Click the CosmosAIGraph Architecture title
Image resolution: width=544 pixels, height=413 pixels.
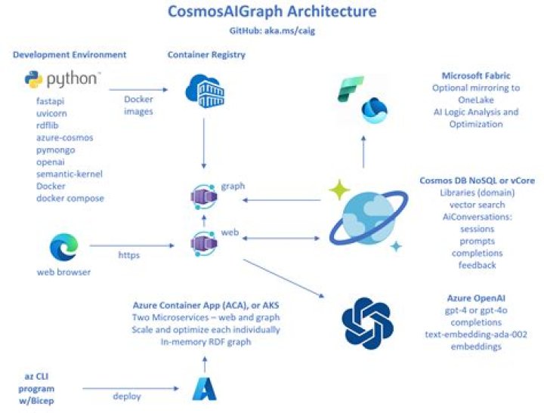(x=273, y=13)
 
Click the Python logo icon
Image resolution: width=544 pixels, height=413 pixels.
(x=32, y=79)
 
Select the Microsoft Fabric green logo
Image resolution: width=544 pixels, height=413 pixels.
(x=351, y=88)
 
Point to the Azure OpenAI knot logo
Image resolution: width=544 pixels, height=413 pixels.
(x=367, y=322)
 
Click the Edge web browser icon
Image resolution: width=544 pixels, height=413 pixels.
(x=63, y=248)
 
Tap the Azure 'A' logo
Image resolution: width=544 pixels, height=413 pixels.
(x=204, y=387)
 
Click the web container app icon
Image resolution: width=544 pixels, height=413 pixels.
(x=202, y=244)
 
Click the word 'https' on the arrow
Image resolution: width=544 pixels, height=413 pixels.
(x=128, y=255)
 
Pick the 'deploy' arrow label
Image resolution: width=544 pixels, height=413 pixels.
(x=128, y=396)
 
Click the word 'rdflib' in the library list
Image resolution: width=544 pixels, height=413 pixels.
(x=48, y=125)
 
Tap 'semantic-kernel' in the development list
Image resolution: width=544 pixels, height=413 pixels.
(x=70, y=174)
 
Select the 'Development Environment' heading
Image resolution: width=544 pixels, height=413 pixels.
(x=70, y=55)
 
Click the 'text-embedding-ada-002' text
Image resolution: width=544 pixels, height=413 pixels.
(x=476, y=334)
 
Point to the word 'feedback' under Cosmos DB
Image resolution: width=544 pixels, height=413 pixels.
(x=477, y=265)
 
